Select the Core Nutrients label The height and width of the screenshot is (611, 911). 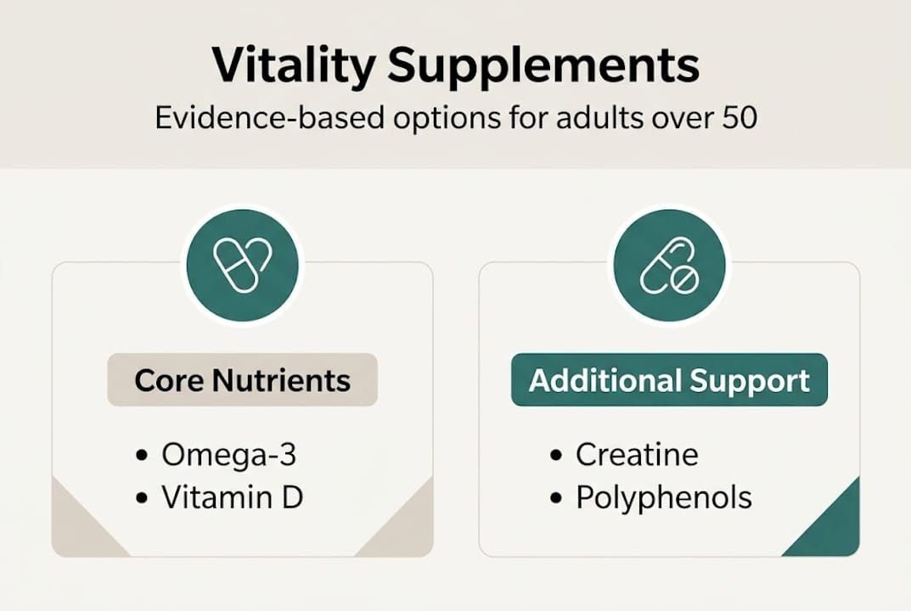242,379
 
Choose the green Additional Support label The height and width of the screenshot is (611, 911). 669,380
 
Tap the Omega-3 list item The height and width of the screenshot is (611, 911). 228,455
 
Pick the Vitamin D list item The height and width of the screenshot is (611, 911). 232,498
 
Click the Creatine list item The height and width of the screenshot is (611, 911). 637,455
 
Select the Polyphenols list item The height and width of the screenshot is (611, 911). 663,498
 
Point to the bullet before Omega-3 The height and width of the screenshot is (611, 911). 141,456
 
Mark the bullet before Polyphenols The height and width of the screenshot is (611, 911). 556,498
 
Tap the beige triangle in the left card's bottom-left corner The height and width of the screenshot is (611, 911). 76,530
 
